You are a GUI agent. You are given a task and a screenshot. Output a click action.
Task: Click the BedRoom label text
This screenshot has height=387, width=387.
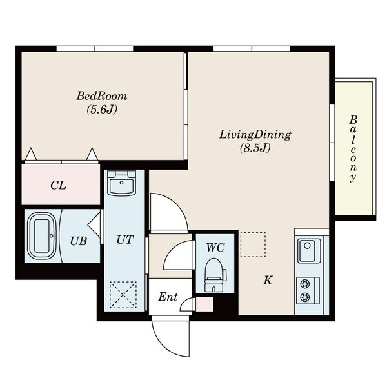pos(102,95)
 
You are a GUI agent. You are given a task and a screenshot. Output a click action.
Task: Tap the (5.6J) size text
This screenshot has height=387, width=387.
pos(102,110)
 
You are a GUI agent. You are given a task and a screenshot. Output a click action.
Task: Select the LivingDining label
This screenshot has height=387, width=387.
pos(255,135)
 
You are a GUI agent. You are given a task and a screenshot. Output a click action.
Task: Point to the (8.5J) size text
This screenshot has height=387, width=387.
pos(255,148)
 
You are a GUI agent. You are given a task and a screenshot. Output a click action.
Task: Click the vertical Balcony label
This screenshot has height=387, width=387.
pos(353,149)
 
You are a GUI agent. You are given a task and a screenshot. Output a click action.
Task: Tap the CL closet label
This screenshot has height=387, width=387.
pos(59,185)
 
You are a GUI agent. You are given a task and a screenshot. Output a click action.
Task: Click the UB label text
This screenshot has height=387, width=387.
pos(79,241)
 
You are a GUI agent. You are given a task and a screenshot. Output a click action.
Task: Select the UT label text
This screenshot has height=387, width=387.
pos(125,240)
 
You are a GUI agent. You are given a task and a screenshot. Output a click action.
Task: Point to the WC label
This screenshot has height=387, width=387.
pos(215,248)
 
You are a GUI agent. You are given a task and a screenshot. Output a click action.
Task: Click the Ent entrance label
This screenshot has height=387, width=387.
pos(168,297)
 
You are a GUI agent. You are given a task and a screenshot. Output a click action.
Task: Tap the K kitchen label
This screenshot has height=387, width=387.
pos(268,281)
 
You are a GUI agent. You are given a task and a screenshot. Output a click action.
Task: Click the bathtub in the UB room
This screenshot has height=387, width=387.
pos(42,235)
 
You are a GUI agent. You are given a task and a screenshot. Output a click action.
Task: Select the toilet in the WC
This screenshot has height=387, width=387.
pos(215,275)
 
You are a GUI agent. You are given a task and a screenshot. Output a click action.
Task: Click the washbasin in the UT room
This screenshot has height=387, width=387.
pos(121,183)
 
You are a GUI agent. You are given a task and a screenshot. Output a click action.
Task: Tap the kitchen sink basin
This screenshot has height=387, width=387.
pos(309,251)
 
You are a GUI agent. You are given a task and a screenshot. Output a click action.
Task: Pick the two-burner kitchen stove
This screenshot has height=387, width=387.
pos(308,291)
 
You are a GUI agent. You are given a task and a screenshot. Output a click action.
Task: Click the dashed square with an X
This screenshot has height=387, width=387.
pos(123,295)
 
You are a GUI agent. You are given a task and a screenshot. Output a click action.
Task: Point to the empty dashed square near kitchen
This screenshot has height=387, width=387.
pos(253,244)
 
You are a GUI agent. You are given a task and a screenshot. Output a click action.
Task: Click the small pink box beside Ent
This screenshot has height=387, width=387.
pos(204,304)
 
